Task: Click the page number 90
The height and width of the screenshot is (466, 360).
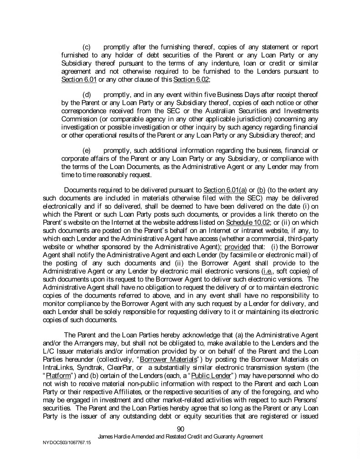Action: (180, 428)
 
